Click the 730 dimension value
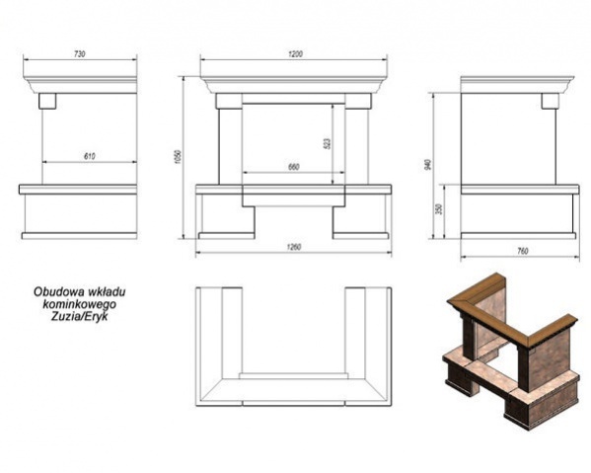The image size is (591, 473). coord(80,54)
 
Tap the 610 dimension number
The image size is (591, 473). coord(90,157)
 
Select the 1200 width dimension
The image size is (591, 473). coord(296,54)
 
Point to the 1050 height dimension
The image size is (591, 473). coord(179,157)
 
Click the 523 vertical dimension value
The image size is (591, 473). coord(328,144)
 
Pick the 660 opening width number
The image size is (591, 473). coord(294,167)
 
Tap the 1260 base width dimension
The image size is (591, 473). coord(294,248)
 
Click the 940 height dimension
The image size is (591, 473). coord(427,165)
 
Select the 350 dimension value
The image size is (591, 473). coord(438,208)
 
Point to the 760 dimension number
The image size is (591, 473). coord(523,251)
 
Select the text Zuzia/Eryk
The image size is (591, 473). coord(80,316)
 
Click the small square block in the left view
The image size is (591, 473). coord(47,101)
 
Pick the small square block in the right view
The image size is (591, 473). coord(550,101)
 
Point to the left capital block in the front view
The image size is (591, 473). coord(229,101)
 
